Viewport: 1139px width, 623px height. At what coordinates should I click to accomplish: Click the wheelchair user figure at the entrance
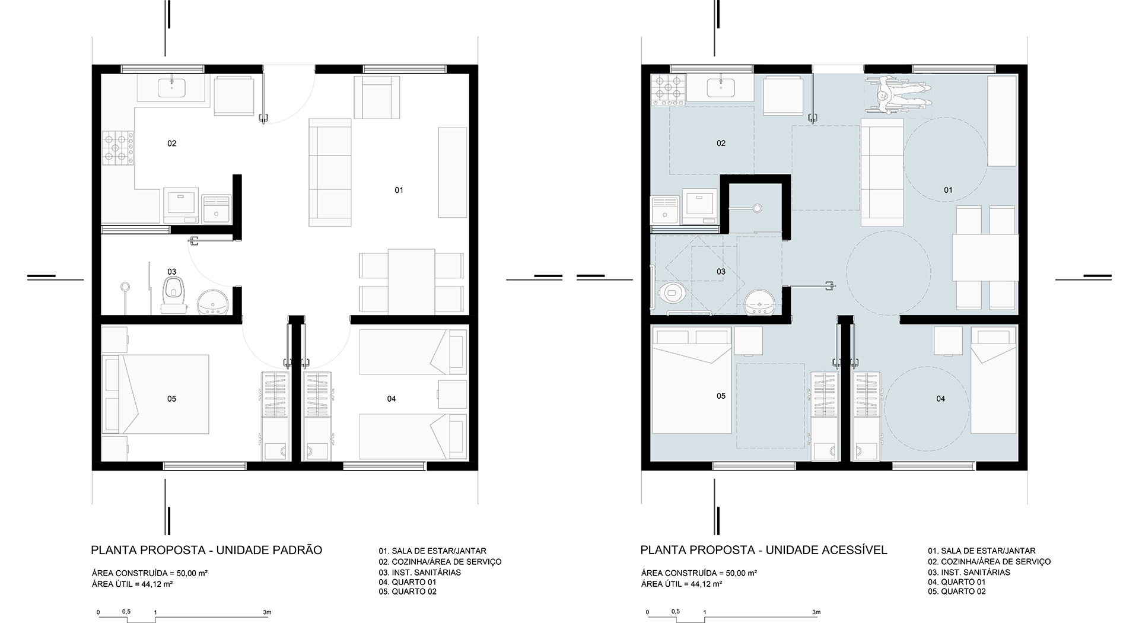[896, 95]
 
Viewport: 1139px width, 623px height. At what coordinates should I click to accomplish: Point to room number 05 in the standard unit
[171, 399]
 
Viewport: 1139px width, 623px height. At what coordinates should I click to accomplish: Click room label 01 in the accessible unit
[948, 190]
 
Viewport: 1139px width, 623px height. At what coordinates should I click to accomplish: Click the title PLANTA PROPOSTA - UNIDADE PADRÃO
[206, 550]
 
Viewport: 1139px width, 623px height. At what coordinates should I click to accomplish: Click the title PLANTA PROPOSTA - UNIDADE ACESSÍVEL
[763, 550]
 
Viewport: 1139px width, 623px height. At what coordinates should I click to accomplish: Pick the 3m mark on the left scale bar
[267, 612]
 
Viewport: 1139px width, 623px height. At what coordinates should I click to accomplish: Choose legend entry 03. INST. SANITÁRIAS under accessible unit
[969, 572]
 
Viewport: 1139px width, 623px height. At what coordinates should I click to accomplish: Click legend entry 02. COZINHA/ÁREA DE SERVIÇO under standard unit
[440, 561]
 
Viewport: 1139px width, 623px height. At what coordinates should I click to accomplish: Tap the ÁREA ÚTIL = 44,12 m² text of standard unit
[132, 584]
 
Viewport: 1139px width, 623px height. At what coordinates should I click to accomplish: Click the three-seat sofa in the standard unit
[330, 172]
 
